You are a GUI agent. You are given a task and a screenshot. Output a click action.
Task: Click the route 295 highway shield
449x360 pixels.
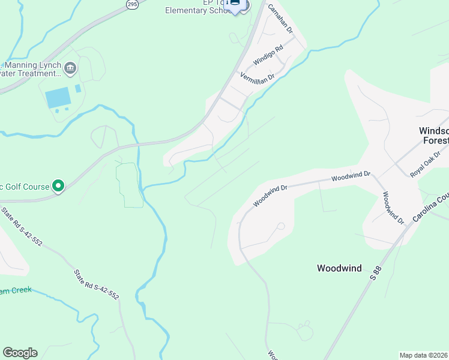(132, 4)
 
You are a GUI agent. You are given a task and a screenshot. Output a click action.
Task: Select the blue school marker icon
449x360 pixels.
(235, 5)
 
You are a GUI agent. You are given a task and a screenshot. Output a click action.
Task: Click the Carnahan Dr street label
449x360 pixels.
(279, 19)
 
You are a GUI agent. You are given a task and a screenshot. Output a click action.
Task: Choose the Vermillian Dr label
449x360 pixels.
(257, 76)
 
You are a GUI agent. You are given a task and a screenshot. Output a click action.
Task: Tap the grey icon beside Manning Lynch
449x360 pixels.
(70, 67)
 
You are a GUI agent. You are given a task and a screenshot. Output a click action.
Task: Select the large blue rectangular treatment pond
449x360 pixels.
(57, 97)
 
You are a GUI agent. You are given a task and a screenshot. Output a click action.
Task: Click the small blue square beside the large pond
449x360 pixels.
(78, 89)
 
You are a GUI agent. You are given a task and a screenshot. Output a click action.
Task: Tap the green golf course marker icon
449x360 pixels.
(58, 187)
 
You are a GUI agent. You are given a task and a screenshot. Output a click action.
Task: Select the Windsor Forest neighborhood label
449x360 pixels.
(433, 136)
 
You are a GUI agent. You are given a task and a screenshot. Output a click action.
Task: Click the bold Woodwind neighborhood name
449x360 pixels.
(339, 268)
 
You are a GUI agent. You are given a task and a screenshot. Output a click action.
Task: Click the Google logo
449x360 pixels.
(20, 353)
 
